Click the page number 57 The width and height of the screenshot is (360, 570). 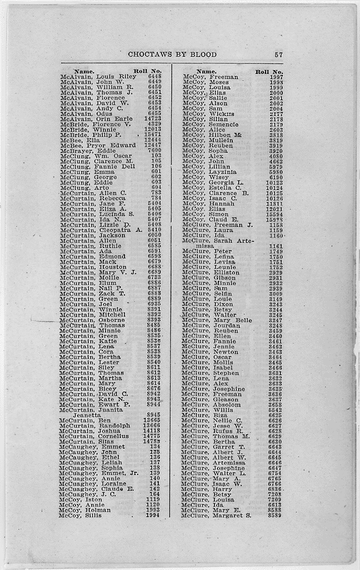[x=279, y=54]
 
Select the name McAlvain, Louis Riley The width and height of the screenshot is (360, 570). [x=98, y=77]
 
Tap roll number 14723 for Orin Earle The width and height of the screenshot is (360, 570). [x=153, y=119]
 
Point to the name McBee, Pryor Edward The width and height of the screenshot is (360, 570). [x=98, y=146]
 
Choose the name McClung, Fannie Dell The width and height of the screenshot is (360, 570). [x=97, y=167]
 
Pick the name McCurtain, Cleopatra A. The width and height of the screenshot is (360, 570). [x=101, y=230]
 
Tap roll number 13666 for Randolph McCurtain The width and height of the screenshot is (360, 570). [x=151, y=425]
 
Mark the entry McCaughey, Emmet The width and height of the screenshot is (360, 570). [x=92, y=446]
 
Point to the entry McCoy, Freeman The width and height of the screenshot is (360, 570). [x=210, y=77]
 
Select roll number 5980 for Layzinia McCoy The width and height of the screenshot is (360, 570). [x=275, y=172]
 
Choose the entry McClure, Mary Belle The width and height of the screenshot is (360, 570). [x=216, y=320]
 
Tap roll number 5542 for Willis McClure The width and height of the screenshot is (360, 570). [x=275, y=410]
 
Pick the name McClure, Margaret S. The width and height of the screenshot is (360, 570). [x=216, y=515]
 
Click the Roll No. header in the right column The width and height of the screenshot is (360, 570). [x=269, y=72]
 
